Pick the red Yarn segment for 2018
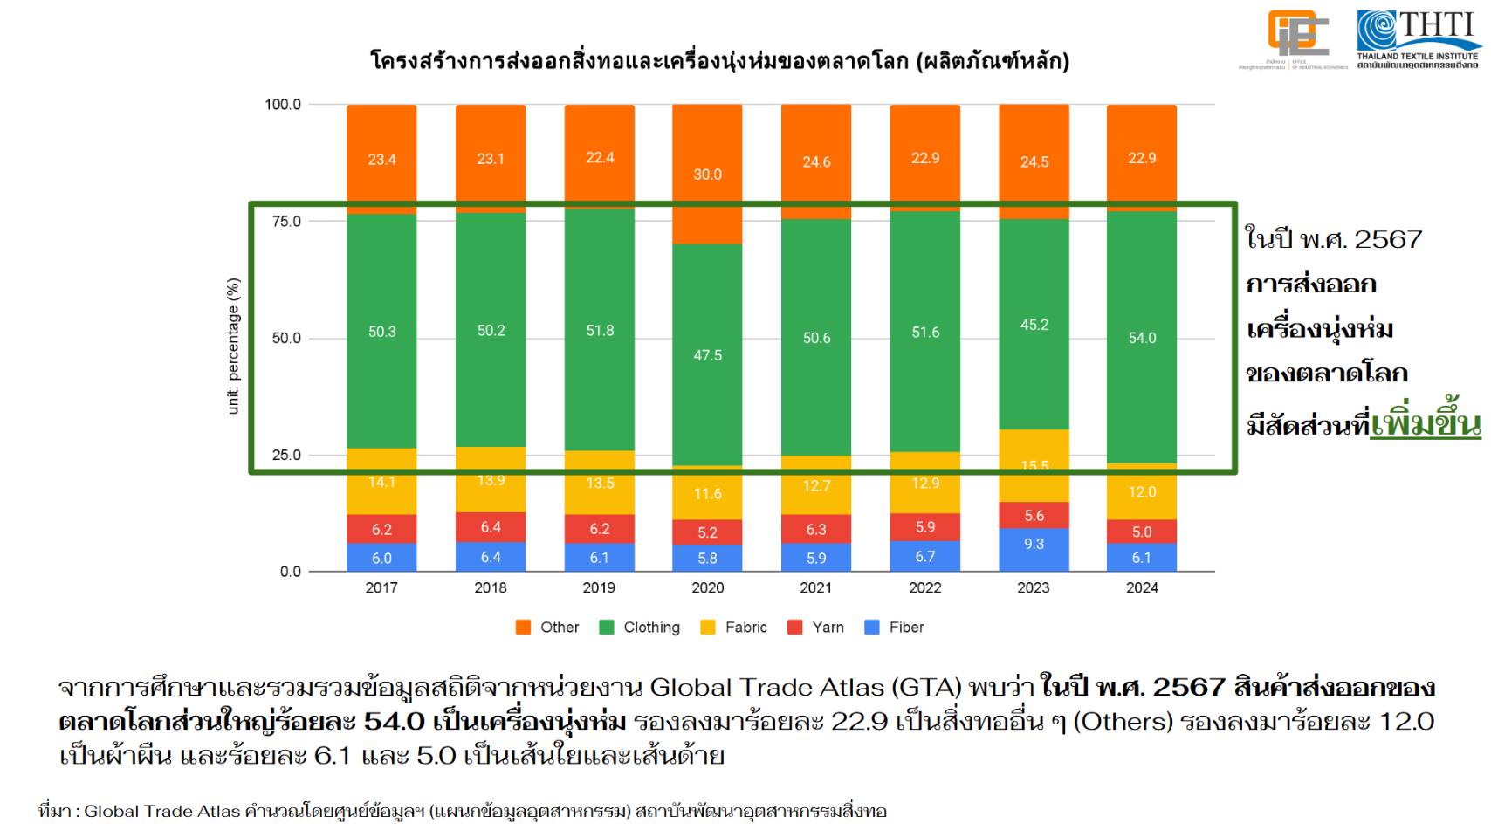tap(491, 527)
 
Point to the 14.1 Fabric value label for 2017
tap(381, 482)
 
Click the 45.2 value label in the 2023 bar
tap(1034, 325)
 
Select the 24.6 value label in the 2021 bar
tap(816, 161)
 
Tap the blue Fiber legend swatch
tap(872, 627)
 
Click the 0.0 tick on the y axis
tap(290, 572)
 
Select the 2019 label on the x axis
tap(599, 587)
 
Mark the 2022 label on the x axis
tap(924, 587)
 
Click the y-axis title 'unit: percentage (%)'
tap(233, 346)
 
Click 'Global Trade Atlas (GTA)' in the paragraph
tap(805, 688)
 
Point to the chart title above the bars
tap(719, 61)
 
